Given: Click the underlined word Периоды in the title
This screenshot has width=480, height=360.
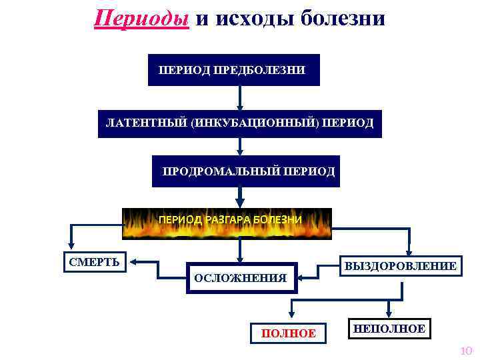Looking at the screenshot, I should pyautogui.click(x=141, y=17).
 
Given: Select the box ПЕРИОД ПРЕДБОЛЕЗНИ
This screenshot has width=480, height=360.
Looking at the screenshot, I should pyautogui.click(x=233, y=70).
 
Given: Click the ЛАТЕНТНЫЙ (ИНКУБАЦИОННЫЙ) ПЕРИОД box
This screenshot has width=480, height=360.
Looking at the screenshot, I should pyautogui.click(x=240, y=124).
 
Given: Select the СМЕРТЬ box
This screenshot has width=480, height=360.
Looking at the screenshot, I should pyautogui.click(x=95, y=261).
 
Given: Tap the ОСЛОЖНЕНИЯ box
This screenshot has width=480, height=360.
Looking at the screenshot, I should pyautogui.click(x=240, y=277).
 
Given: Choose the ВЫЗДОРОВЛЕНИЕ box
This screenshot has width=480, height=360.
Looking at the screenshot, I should pyautogui.click(x=399, y=266).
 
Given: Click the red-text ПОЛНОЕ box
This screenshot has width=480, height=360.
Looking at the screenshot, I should pyautogui.click(x=289, y=333).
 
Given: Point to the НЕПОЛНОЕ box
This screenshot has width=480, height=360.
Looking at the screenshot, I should pyautogui.click(x=389, y=329).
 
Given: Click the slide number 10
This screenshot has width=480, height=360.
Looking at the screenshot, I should pyautogui.click(x=466, y=351).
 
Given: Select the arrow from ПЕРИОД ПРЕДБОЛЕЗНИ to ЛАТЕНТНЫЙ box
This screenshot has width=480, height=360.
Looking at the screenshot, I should pyautogui.click(x=240, y=97).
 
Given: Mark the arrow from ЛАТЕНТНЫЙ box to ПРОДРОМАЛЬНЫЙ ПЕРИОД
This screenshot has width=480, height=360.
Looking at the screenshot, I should pyautogui.click(x=240, y=147).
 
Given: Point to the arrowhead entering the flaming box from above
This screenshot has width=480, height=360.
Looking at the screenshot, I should pyautogui.click(x=240, y=203).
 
